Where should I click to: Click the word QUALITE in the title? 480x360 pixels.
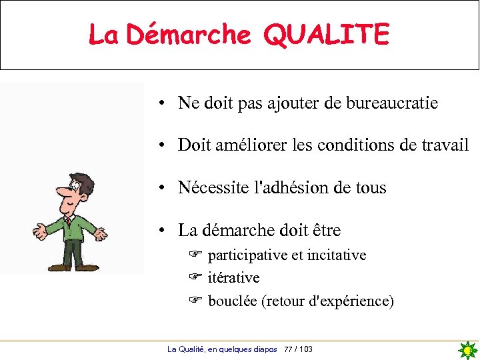[326, 35]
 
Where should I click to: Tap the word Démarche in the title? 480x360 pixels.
[189, 35]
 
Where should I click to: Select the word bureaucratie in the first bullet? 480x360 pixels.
[392, 103]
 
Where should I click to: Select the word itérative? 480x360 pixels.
[233, 277]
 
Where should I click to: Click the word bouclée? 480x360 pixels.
[233, 301]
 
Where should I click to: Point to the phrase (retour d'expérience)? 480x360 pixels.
[328, 301]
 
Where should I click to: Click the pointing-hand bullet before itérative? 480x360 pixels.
[195, 277]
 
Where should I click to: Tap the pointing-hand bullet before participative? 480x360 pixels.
[195, 254]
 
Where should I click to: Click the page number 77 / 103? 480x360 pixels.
[298, 349]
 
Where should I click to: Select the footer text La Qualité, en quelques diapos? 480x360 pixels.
[222, 349]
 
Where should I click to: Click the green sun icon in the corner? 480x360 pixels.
[468, 350]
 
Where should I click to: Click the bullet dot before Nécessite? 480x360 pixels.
[163, 188]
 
